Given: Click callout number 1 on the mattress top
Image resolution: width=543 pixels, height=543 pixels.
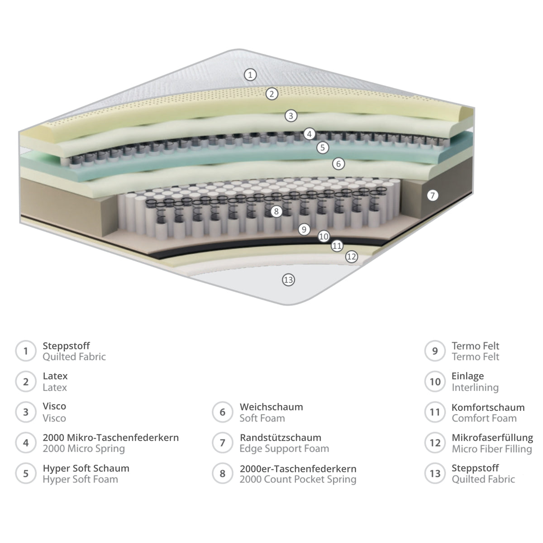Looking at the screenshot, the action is (250, 75).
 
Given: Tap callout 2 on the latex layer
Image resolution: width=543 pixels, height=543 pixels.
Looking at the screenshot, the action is (271, 94).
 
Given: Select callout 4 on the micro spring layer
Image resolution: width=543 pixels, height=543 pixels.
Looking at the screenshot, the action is (309, 134).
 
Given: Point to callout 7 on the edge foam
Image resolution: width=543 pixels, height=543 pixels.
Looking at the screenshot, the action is (433, 195).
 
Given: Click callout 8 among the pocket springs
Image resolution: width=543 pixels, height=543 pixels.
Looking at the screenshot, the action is (276, 211).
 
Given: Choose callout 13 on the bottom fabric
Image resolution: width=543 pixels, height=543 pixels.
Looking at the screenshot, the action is (288, 280).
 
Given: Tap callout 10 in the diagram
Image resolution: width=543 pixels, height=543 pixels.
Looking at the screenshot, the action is (324, 236).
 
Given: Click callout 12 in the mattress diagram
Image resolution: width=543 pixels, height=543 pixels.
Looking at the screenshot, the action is (352, 257).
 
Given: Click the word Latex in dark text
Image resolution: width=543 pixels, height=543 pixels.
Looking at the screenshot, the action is (55, 376).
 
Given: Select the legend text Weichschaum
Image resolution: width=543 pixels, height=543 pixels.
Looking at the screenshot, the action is (271, 407).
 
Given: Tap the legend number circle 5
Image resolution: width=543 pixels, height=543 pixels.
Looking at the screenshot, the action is (26, 473).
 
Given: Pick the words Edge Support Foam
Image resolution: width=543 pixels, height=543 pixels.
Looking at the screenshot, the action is (284, 448).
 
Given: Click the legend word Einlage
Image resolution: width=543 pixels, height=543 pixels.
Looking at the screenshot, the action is (468, 376).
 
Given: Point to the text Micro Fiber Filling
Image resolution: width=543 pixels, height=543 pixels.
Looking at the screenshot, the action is (492, 448).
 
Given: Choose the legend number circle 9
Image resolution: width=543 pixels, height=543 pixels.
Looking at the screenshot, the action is (435, 351).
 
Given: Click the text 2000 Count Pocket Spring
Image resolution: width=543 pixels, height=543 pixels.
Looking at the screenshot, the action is (298, 479).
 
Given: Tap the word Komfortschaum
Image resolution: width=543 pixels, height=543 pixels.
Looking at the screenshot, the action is (488, 407).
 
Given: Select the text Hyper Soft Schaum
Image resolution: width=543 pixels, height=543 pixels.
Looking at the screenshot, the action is (86, 469).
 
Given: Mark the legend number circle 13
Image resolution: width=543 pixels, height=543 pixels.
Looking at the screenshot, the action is (435, 473).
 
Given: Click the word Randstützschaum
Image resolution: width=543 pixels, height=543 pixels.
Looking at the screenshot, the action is (281, 438).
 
